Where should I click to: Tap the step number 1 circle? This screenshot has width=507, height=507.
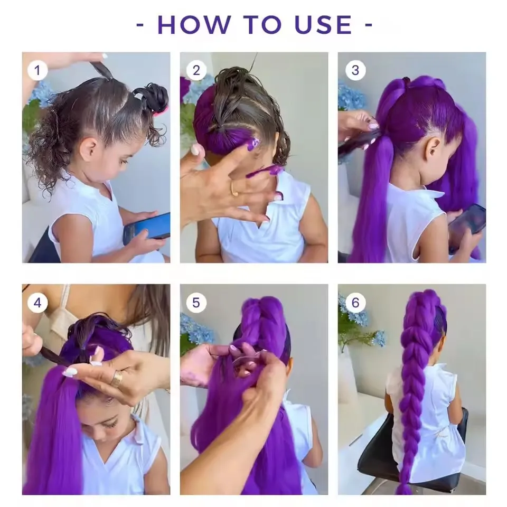coord(37,70)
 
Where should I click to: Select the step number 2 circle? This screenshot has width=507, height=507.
coord(196,70)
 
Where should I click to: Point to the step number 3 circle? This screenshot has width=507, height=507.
coord(354,70)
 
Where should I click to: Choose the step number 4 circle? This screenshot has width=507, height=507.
coord(37,302)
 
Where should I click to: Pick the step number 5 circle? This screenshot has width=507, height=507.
coord(196,302)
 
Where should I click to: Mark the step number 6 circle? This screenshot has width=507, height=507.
coord(354,302)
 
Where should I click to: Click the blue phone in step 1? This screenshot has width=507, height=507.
coord(146,228)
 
